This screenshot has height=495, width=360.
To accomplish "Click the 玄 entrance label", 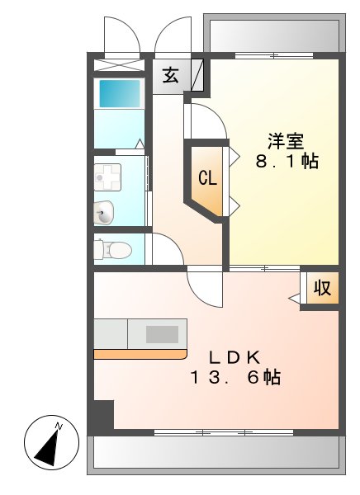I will pyautogui.click(x=170, y=75).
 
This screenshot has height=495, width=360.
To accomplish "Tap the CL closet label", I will pyautogui.click(x=207, y=177).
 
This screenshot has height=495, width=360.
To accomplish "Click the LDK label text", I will pyautogui.click(x=234, y=357).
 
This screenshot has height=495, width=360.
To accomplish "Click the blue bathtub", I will pyautogui.click(x=121, y=92).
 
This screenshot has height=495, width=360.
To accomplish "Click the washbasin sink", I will pyautogui.click(x=104, y=212).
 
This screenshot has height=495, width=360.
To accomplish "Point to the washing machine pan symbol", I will pyautogui.click(x=107, y=175).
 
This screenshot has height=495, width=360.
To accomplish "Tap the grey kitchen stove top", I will pyautogui.click(x=162, y=334).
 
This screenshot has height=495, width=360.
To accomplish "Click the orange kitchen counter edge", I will pyautogui.click(x=140, y=355).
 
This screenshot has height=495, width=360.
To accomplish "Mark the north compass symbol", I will pyautogui.click(x=50, y=444).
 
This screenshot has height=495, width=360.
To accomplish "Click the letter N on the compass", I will pyautogui.click(x=59, y=426).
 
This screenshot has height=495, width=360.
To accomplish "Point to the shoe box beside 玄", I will pyautogui.click(x=197, y=75).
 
